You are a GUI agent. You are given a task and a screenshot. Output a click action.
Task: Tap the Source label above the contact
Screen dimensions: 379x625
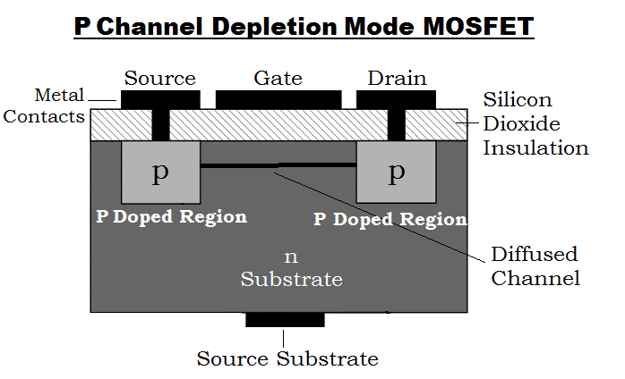pyautogui.click(x=159, y=79)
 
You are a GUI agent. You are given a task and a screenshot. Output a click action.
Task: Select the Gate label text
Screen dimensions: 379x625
pyautogui.click(x=278, y=79)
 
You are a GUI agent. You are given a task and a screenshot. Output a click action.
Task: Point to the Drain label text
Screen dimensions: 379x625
pyautogui.click(x=396, y=79)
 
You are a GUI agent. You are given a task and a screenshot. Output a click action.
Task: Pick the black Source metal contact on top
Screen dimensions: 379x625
pyautogui.click(x=159, y=97)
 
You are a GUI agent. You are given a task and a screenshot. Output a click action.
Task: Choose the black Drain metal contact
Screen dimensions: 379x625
pyautogui.click(x=396, y=97)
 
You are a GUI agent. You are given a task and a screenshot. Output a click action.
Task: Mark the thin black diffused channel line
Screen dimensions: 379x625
pyautogui.click(x=278, y=165)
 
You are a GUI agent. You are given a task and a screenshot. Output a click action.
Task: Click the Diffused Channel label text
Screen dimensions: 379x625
pyautogui.click(x=535, y=265)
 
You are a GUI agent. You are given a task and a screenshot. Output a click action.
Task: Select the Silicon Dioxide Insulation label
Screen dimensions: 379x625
pyautogui.click(x=535, y=123)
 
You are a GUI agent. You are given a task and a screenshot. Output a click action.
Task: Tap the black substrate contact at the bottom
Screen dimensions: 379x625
pyautogui.click(x=285, y=319)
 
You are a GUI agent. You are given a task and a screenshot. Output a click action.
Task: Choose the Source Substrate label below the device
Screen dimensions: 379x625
pyautogui.click(x=287, y=359)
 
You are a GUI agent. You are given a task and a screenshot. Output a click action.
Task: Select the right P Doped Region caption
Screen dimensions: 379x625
pyautogui.click(x=389, y=220)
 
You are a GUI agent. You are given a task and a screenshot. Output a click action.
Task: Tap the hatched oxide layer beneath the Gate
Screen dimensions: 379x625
pyautogui.click(x=278, y=125)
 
